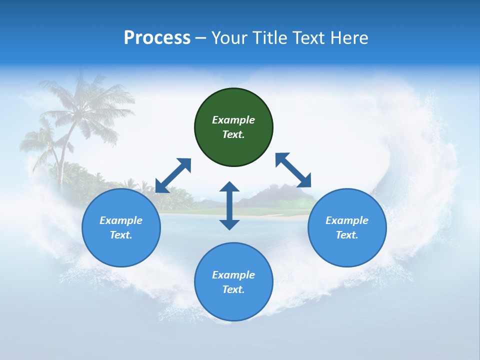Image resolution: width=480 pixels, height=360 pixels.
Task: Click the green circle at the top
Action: (x=233, y=127)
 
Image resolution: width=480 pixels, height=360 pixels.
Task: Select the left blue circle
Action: (x=121, y=227)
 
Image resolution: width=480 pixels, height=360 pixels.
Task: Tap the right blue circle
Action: (x=347, y=227)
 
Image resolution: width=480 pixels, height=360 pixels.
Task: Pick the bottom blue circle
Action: (x=233, y=282)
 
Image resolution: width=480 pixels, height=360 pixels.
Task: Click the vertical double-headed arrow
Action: (x=229, y=205)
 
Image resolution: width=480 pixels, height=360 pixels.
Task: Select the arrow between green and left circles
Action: (x=173, y=175)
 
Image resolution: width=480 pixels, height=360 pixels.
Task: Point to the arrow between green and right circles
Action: (x=293, y=170)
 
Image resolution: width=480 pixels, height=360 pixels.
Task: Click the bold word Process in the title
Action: (x=157, y=38)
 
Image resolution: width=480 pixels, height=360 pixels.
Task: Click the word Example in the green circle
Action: (x=233, y=120)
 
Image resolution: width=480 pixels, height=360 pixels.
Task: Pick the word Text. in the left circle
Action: (x=121, y=235)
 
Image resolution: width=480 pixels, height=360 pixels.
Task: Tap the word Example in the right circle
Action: (x=347, y=220)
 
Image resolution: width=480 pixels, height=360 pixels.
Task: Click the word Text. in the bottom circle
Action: (x=233, y=289)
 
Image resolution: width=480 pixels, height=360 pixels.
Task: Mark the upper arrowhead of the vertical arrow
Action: (x=229, y=186)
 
